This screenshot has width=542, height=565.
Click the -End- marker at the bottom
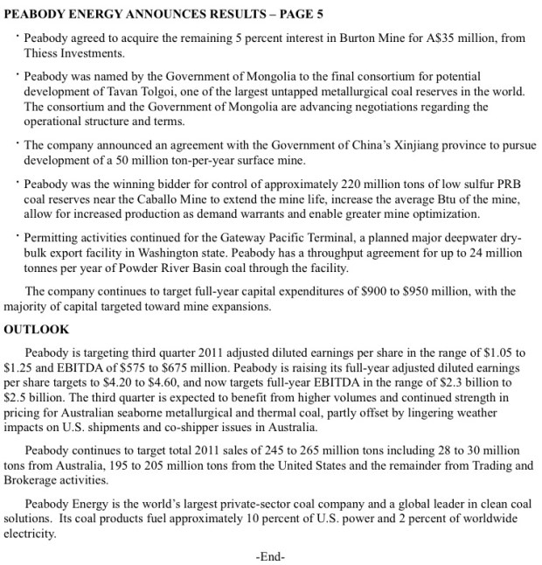pos(271,555)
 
